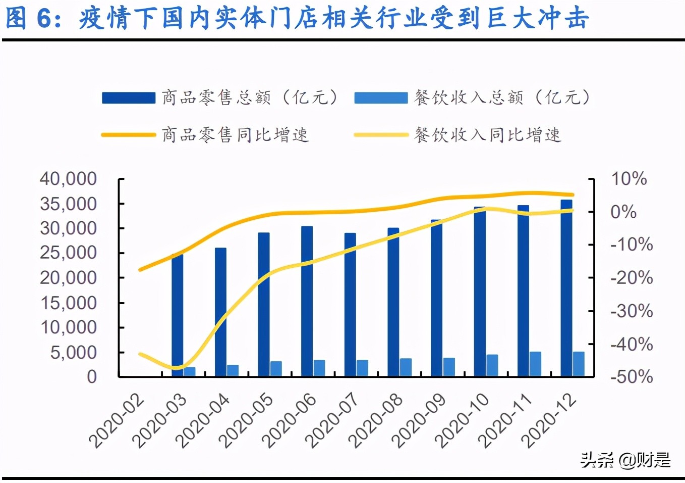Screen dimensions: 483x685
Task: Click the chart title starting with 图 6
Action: pos(298,19)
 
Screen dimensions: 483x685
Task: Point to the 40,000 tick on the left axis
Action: pos(68,179)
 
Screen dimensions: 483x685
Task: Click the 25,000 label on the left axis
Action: pos(68,253)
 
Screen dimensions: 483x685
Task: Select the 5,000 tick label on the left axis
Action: pos(73,352)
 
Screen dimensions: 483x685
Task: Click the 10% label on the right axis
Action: pos(629,179)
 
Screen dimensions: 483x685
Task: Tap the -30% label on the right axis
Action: pos(632,311)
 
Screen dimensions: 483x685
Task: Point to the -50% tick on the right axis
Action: pos(632,377)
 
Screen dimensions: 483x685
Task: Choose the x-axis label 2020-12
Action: pos(549,421)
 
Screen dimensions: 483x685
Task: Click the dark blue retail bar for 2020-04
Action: pos(220,312)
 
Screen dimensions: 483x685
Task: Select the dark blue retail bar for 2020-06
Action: pos(307,301)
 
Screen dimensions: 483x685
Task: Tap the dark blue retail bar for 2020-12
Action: pos(566,288)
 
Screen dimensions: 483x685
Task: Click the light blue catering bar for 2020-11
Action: pos(535,364)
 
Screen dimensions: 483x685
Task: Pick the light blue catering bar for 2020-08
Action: pos(406,367)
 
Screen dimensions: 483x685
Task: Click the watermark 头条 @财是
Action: pos(625,460)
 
